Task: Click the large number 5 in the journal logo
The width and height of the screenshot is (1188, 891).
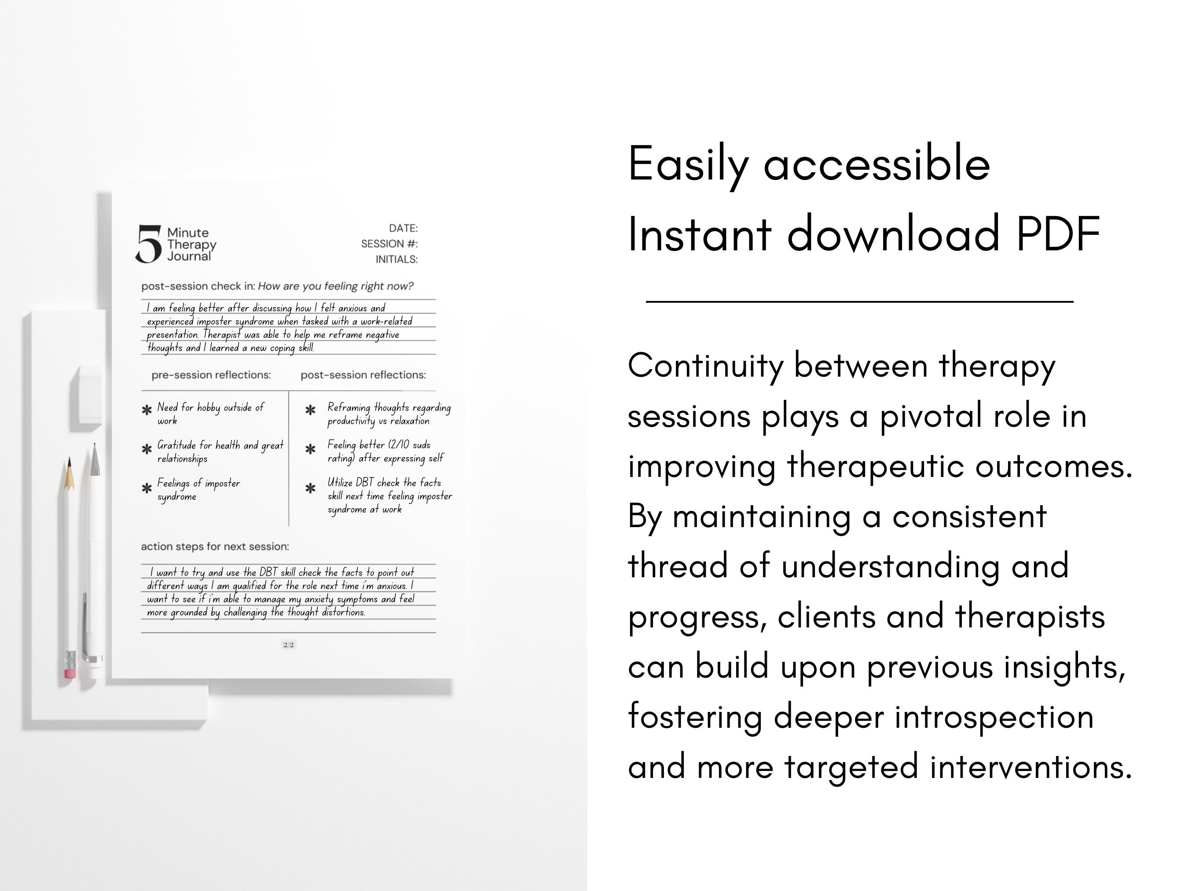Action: pos(148,244)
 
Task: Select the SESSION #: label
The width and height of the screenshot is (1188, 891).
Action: pos(389,244)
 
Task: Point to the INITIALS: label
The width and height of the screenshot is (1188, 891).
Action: pos(396,260)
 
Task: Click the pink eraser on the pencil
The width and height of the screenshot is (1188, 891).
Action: pos(70,673)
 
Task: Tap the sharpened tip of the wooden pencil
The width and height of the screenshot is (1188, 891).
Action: pos(69,463)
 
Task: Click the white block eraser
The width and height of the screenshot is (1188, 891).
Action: pos(90,394)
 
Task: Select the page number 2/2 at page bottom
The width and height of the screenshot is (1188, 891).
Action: pos(288,645)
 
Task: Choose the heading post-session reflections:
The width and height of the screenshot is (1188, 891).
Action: pos(363,375)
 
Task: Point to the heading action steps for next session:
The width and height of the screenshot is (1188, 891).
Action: pos(215,546)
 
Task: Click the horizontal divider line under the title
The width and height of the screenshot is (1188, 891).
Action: pos(859,302)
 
